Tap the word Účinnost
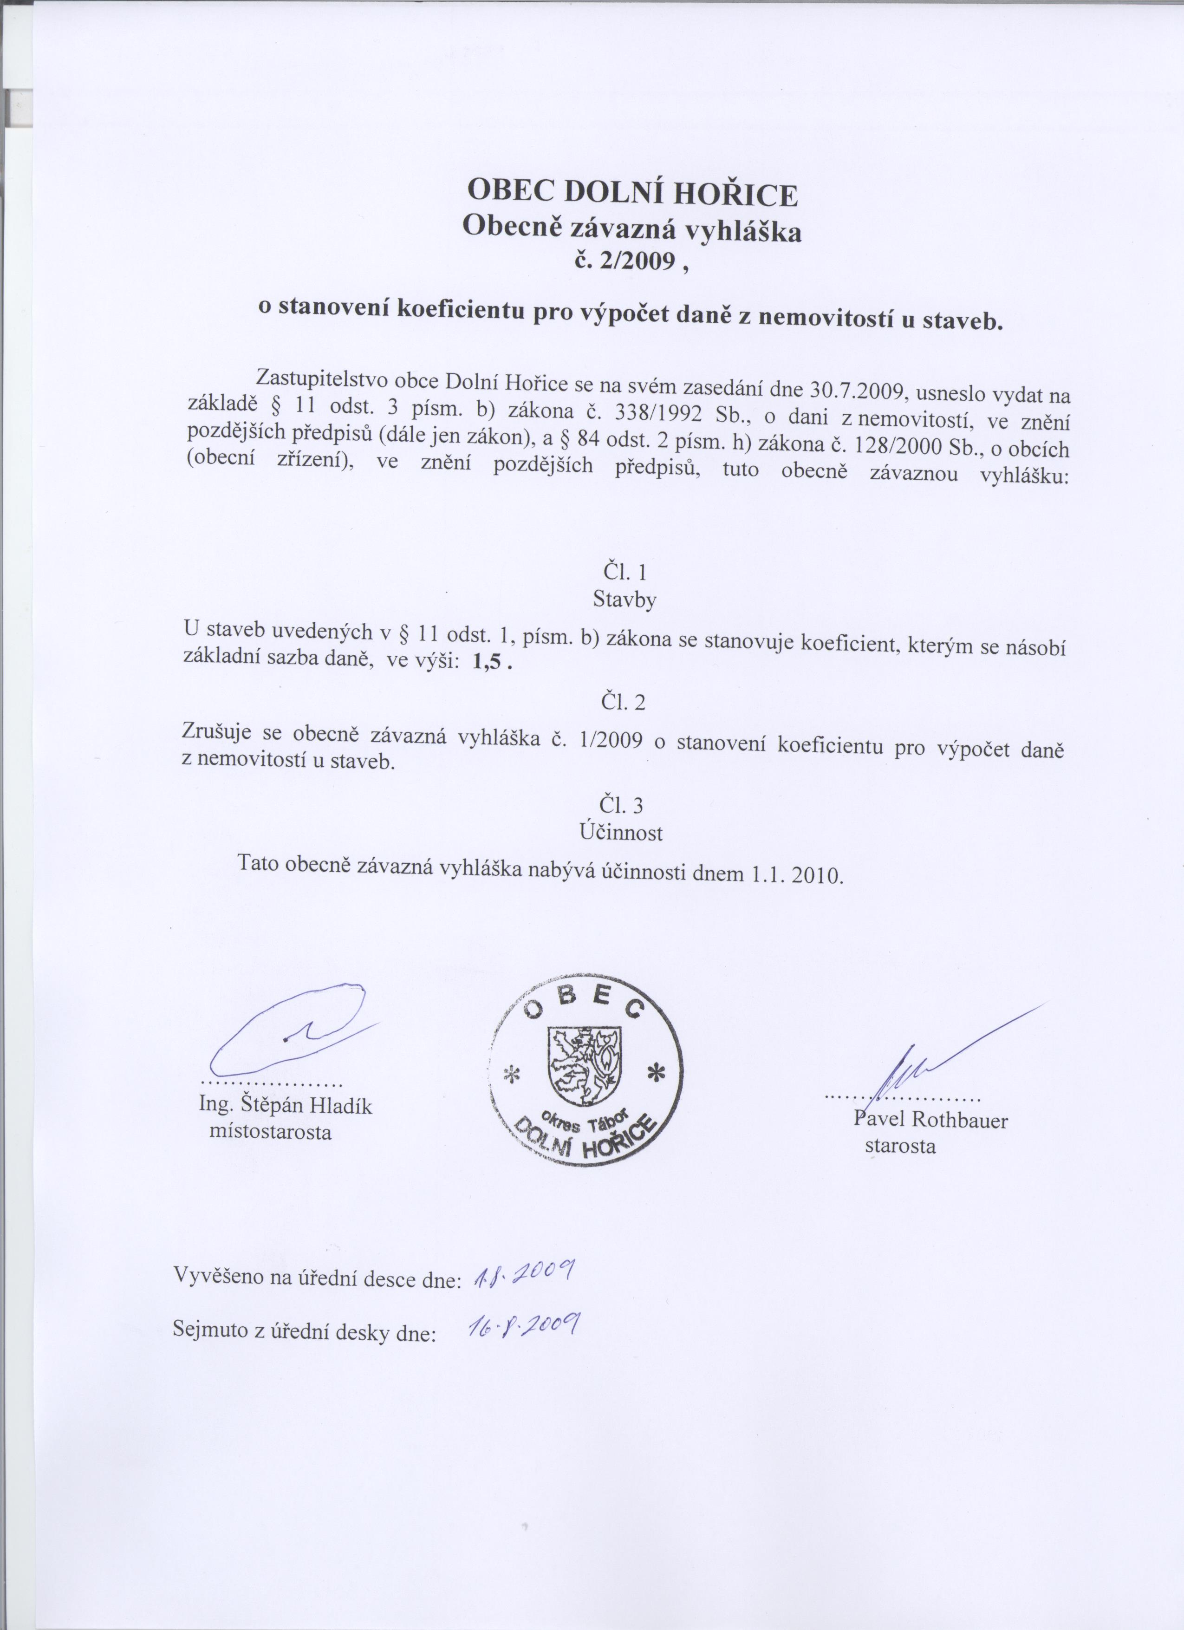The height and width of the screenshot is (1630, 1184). pyautogui.click(x=621, y=832)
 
